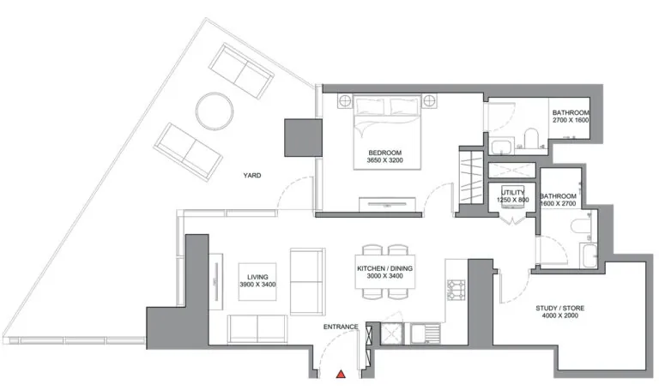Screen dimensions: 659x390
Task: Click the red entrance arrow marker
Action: (x=341, y=374)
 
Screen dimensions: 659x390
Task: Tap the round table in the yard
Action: (x=215, y=111)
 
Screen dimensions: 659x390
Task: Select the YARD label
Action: (x=252, y=176)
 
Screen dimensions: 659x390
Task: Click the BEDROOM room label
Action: (x=385, y=153)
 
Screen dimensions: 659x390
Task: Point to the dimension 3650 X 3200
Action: (x=385, y=160)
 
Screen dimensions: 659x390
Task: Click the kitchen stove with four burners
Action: (x=456, y=290)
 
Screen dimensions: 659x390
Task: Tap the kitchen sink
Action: (x=426, y=334)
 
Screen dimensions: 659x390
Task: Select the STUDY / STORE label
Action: (x=559, y=308)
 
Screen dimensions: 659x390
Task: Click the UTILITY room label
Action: (x=513, y=193)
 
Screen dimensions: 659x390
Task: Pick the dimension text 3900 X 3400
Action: (x=257, y=285)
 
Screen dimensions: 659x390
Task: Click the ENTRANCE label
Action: (x=341, y=327)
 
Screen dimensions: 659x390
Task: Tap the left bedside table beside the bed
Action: (x=345, y=101)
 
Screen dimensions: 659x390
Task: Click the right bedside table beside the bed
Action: (x=429, y=101)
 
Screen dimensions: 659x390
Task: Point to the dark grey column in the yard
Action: (x=304, y=138)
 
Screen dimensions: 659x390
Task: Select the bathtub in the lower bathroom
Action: (x=589, y=255)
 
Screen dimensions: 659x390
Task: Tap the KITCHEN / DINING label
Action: (x=385, y=268)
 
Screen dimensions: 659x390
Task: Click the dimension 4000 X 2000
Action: (x=559, y=315)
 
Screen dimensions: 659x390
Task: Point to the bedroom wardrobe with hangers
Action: (x=471, y=177)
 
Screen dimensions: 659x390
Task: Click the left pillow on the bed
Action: (x=370, y=106)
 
